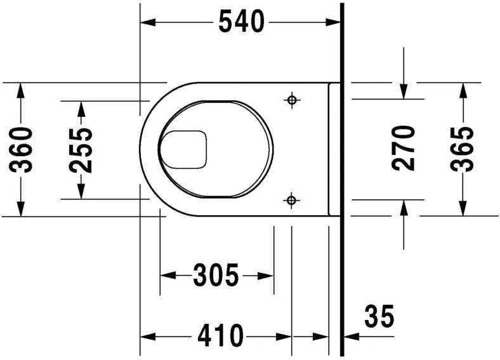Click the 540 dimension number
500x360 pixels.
pos(241,22)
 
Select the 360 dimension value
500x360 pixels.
pos(21,150)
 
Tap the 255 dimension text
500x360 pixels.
pos(81,150)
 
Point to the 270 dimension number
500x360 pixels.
pos(404,148)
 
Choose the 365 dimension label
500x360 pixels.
pos(462,149)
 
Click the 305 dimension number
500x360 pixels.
pos(216,275)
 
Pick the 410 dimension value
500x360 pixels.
pos(220,336)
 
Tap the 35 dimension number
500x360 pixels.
pos(379,316)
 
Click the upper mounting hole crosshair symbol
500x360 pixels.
pos(292,100)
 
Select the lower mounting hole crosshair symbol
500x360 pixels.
pos(291,201)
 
